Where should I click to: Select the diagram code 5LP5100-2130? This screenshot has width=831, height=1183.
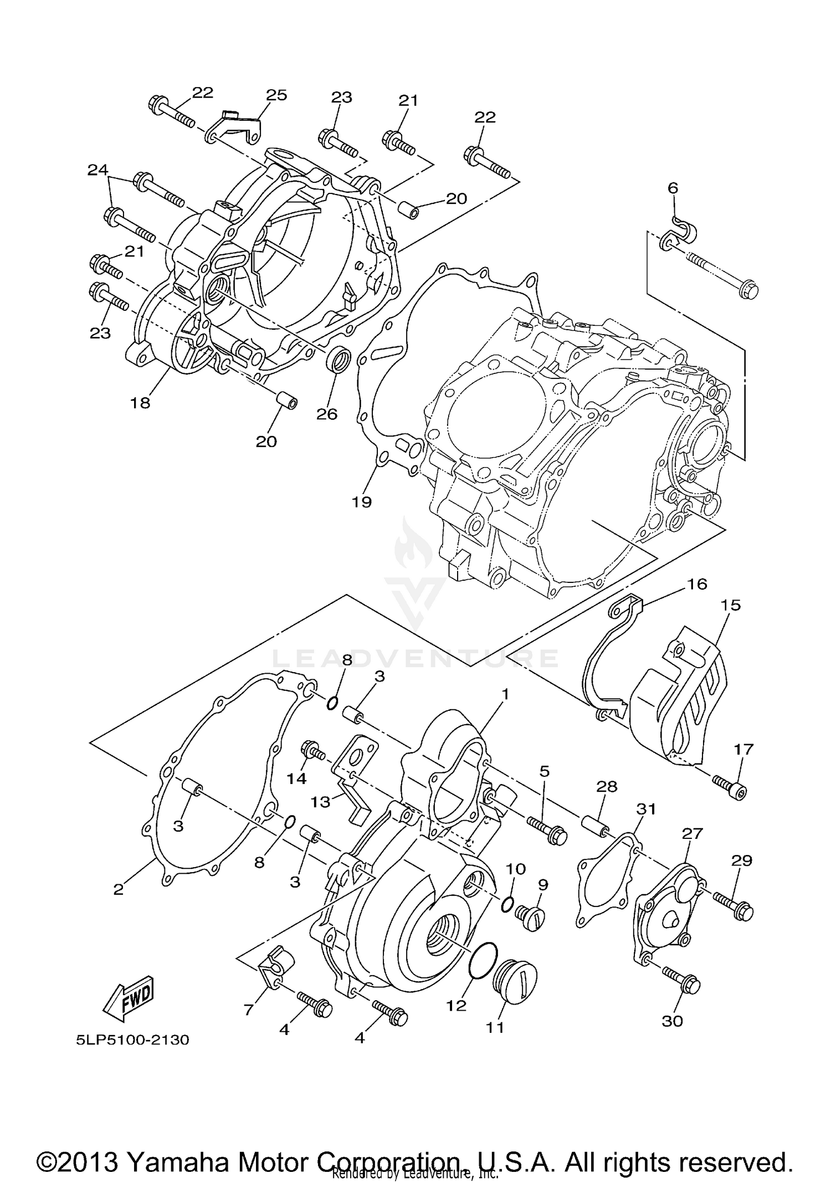(x=133, y=1040)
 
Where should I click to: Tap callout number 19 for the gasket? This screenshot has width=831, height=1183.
(x=362, y=502)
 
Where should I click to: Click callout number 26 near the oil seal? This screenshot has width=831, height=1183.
(x=327, y=414)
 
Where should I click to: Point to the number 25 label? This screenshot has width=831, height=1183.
(x=276, y=95)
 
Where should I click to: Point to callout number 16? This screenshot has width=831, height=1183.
(x=697, y=584)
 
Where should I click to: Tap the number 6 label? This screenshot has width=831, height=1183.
(x=673, y=188)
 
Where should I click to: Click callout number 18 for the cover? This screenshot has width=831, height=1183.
(x=140, y=403)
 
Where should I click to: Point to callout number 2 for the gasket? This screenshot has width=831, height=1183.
(x=118, y=890)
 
